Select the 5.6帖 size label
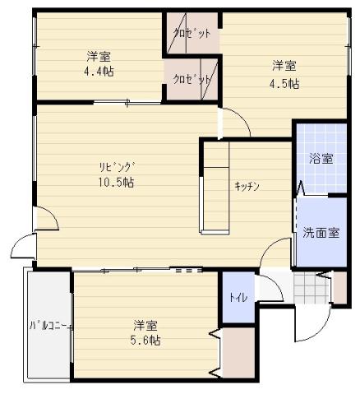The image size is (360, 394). pos(146,340)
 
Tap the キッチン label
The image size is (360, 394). pos(247,187)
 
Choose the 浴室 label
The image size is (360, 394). pos(320,159)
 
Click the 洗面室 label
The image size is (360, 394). pos(320,232)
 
